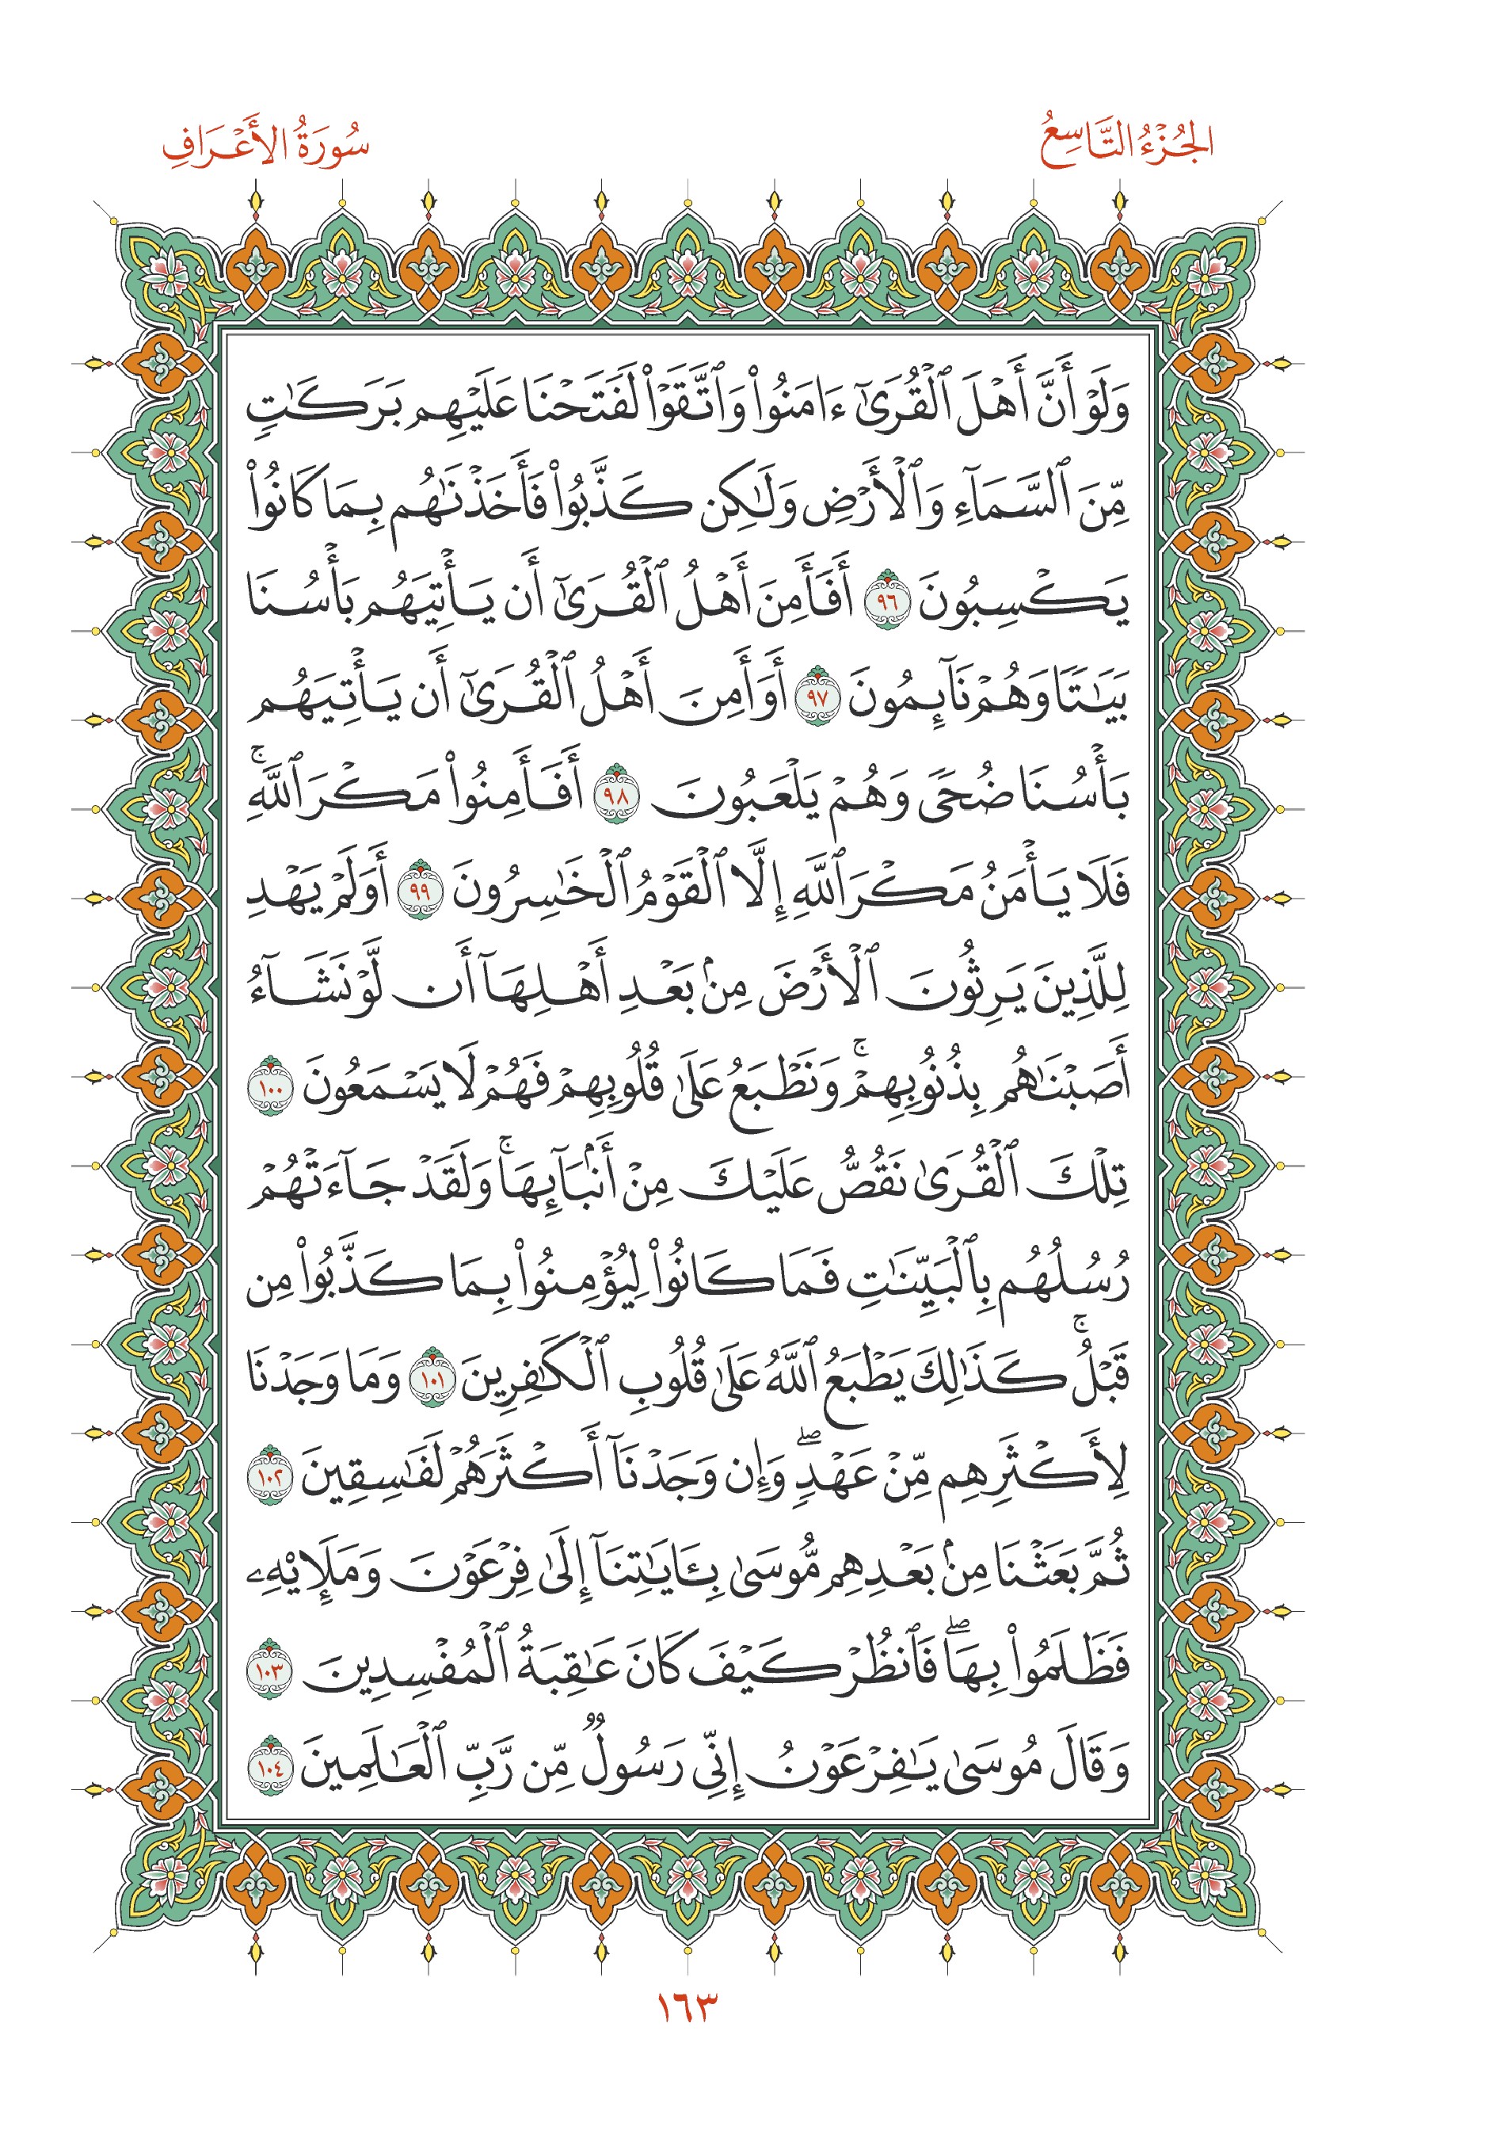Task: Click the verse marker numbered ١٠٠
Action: pos(270,1086)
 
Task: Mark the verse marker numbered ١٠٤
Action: pos(270,1766)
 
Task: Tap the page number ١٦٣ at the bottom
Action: pos(686,2008)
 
